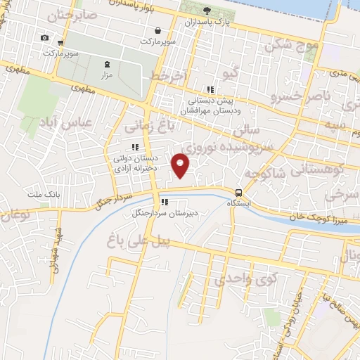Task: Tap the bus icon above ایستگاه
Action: coord(239,192)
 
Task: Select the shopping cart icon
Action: coord(62,42)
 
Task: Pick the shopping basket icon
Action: coord(159,30)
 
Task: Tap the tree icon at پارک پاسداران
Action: coord(207,11)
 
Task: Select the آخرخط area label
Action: coord(167,75)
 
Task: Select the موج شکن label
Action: coord(292,46)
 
